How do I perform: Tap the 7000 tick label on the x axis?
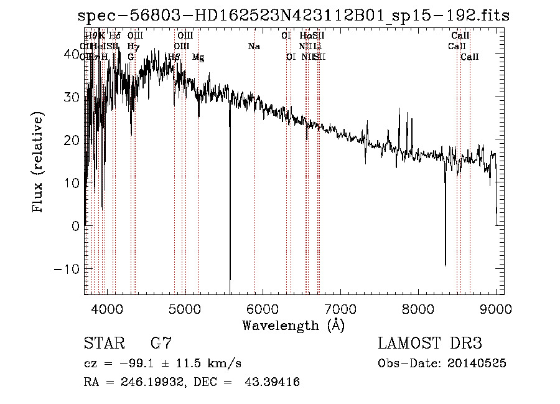(340, 308)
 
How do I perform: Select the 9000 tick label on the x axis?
(496, 308)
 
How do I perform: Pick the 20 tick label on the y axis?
(72, 140)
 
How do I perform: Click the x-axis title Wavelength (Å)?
(293, 324)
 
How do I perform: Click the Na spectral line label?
(254, 46)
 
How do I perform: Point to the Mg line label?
(198, 57)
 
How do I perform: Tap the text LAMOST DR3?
(430, 343)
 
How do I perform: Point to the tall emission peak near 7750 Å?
(398, 108)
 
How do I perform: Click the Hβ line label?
(174, 57)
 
